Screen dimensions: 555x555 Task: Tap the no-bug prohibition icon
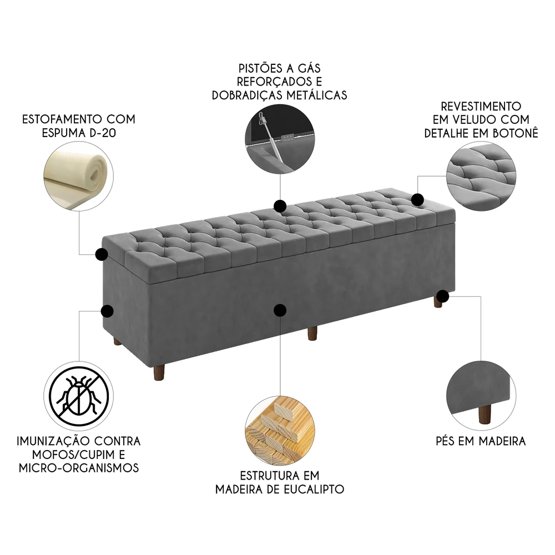(78, 395)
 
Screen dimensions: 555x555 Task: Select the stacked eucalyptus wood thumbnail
(280, 428)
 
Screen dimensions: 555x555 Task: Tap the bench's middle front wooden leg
(312, 333)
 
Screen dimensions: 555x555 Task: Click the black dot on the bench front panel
(281, 310)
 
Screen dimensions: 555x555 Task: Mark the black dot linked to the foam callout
(102, 254)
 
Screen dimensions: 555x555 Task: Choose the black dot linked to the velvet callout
(417, 199)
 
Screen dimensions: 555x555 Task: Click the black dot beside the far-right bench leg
(443, 296)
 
